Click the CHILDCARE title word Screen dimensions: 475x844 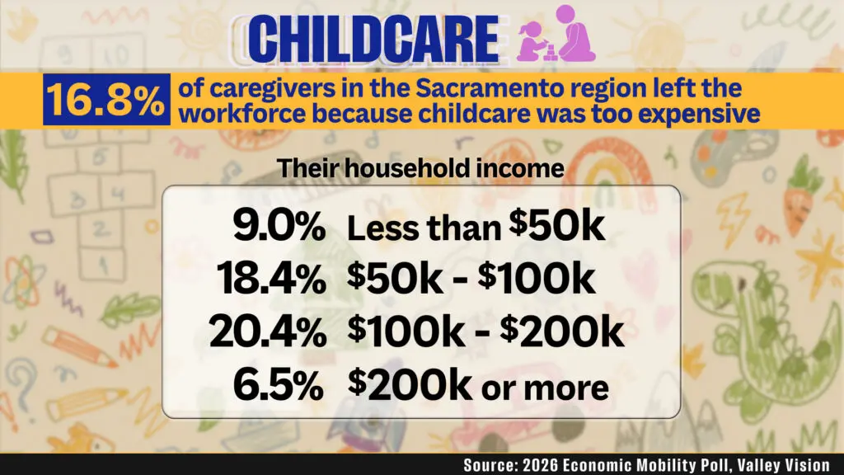(374, 38)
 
